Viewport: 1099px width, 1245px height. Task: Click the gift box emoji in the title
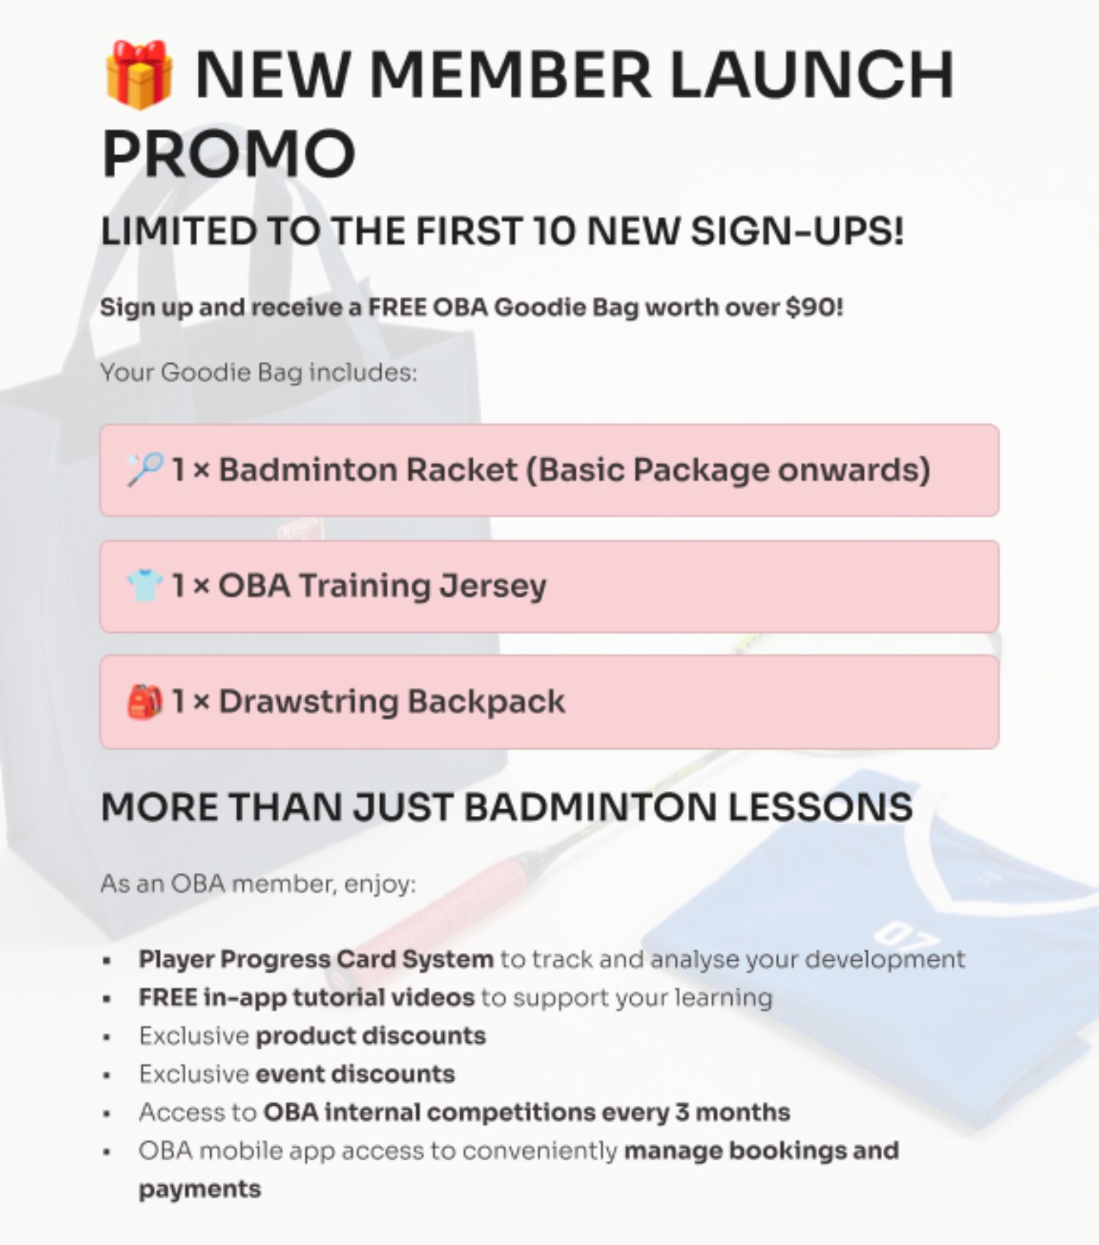click(x=138, y=75)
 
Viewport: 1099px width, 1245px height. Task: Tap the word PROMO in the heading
click(x=229, y=154)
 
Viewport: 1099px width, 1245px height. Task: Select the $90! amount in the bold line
click(x=814, y=307)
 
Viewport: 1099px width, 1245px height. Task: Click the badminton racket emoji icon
click(x=144, y=469)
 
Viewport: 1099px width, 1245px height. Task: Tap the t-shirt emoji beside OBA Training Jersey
click(x=144, y=586)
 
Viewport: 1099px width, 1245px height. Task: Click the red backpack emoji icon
click(x=144, y=702)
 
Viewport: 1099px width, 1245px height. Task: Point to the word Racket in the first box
click(x=462, y=470)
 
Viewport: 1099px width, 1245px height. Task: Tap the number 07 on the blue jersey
click(x=906, y=936)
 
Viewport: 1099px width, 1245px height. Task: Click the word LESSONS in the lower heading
click(x=821, y=807)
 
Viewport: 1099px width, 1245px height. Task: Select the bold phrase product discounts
click(x=371, y=1036)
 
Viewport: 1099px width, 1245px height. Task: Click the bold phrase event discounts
click(x=355, y=1074)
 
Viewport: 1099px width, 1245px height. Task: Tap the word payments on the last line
click(x=200, y=1189)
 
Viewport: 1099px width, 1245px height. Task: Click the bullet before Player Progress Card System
click(x=107, y=960)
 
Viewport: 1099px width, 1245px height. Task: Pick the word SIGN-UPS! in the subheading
click(x=797, y=231)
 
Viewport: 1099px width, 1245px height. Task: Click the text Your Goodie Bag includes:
click(x=259, y=373)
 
